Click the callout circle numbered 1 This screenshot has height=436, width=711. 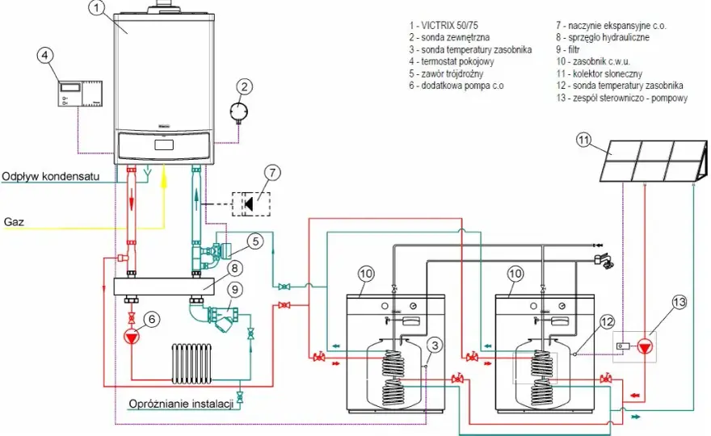[96, 8]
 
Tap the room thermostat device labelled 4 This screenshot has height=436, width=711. [80, 94]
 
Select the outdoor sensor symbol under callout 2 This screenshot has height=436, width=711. [239, 111]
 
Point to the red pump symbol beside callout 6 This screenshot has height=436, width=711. [132, 337]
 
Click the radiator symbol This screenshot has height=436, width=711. [191, 364]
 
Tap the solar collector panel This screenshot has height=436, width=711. [654, 161]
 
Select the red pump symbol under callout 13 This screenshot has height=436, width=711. [645, 346]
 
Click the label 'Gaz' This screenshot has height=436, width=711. [14, 221]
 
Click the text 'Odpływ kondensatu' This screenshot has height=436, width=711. [51, 176]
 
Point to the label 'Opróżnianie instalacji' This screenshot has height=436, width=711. [181, 404]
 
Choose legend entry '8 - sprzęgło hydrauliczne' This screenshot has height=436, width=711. [603, 37]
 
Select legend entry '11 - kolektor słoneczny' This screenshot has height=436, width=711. [599, 73]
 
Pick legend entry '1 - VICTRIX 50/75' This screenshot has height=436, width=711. [443, 25]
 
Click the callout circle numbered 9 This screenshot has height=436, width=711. [235, 290]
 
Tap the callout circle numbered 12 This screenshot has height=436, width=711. [607, 322]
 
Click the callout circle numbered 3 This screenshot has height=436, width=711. [435, 346]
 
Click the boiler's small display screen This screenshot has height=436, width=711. [164, 145]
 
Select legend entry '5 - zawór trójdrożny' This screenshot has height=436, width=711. [446, 73]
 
